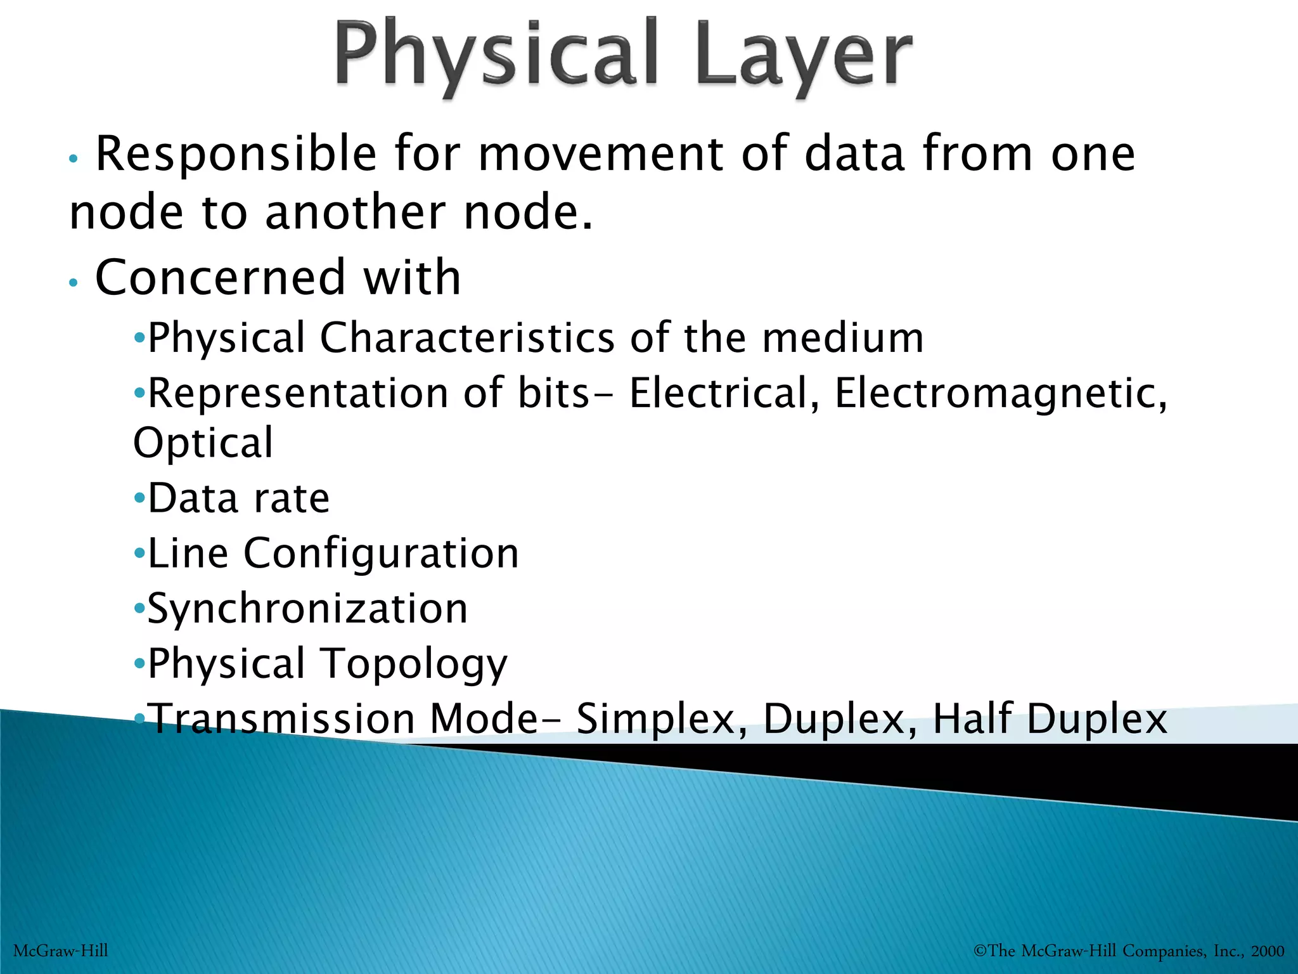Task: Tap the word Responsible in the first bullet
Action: point(236,154)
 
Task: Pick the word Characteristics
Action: point(467,337)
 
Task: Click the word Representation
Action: point(298,393)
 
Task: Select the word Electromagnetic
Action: point(1000,393)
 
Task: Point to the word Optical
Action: point(203,443)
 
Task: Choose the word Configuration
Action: point(381,554)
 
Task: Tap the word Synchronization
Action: point(308,609)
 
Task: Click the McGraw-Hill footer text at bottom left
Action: point(61,951)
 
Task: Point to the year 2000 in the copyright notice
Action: point(1268,951)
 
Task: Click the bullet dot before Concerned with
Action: point(74,283)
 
